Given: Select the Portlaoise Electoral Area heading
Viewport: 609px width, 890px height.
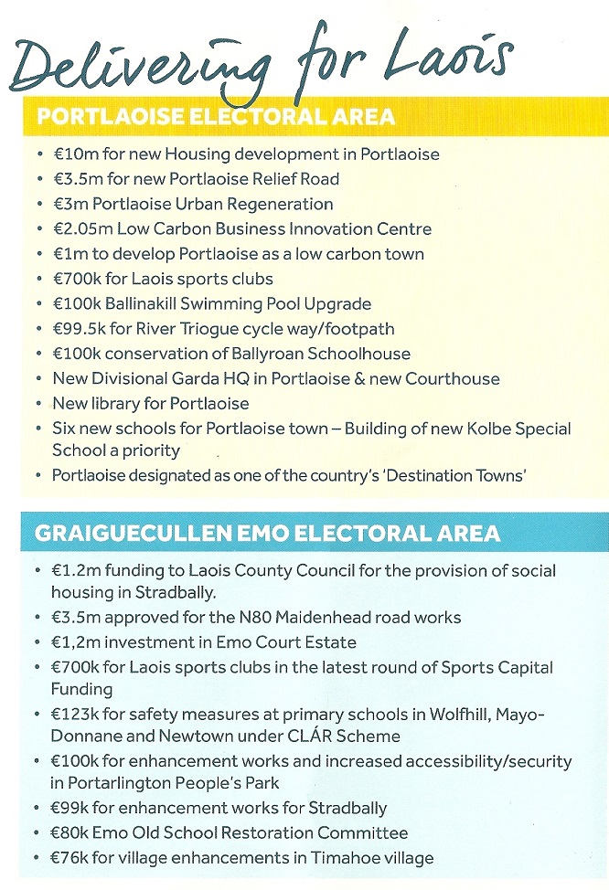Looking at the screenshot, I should tap(216, 116).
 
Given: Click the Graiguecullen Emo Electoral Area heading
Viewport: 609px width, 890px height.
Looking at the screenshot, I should tap(267, 533).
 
